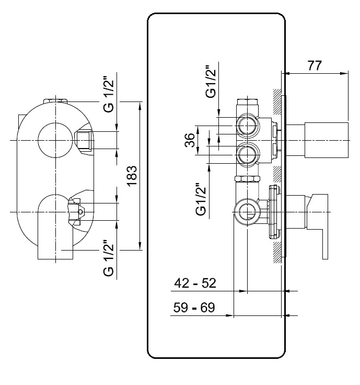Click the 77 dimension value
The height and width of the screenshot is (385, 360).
coord(315,65)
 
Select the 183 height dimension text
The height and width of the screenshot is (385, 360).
coord(132,176)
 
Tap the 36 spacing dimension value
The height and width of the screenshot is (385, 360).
coord(189,140)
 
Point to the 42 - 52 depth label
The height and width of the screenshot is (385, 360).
coord(195,283)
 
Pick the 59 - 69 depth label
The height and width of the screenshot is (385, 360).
coord(194,308)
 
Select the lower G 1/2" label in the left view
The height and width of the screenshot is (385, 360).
coord(109,258)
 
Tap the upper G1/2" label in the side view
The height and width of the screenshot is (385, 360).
coord(211,82)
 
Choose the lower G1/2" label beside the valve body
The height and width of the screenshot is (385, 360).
coord(201,199)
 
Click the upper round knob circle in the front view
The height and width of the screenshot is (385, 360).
coord(55,123)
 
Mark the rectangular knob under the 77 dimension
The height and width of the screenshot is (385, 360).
coord(326,140)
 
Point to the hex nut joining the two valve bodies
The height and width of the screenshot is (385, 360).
coord(247,178)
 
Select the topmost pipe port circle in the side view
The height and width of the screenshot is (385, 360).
coord(248,126)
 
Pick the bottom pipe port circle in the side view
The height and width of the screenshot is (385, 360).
coord(247,212)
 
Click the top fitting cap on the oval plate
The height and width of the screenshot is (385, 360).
coord(55,101)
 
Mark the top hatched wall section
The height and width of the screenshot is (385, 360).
coord(277,101)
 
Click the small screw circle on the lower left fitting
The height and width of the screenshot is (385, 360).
coord(80,211)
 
